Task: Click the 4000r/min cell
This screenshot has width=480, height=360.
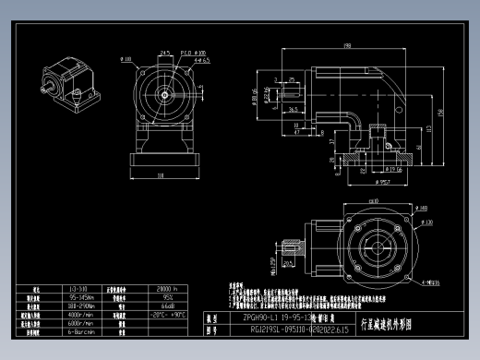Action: pos(85,314)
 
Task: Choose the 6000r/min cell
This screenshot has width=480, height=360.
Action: pos(85,322)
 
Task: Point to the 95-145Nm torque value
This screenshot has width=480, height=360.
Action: pos(85,297)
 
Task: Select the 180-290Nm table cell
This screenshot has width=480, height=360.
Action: pos(85,306)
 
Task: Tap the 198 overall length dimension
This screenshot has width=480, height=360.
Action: pos(347,44)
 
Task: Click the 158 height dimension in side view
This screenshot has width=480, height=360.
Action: pos(441,113)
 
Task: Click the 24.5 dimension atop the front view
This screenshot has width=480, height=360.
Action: pos(164,53)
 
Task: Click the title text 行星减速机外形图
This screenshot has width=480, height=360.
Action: pos(387,325)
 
